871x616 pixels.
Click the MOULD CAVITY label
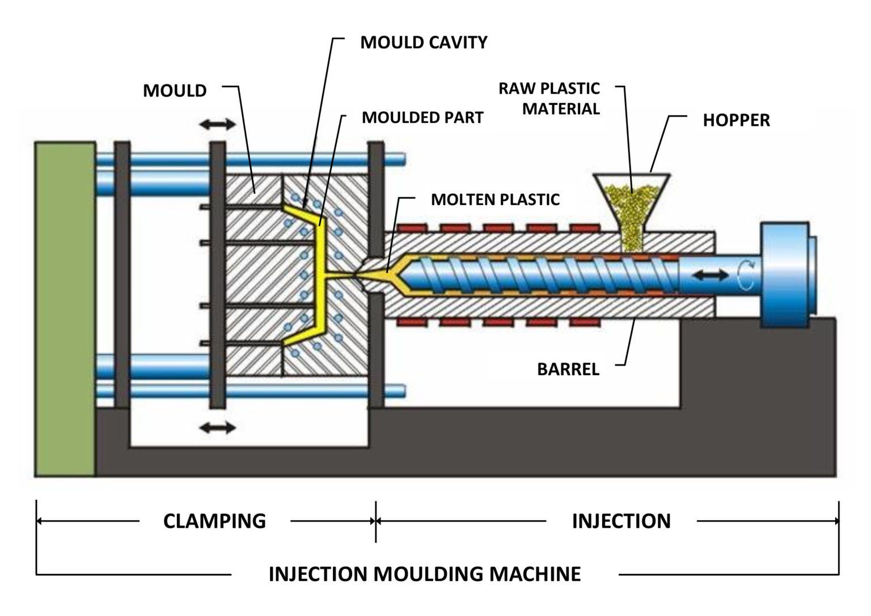click(x=424, y=43)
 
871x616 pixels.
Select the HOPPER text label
click(x=736, y=120)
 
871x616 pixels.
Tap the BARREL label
click(x=568, y=369)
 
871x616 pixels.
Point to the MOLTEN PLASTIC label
click(x=495, y=199)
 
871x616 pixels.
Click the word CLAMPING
click(x=214, y=521)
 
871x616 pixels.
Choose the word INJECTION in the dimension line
click(x=621, y=521)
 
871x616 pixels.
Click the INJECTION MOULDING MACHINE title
click(x=424, y=574)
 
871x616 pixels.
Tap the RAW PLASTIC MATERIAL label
click(x=549, y=99)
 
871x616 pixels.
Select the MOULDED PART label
click(x=422, y=118)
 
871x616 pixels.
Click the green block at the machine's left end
click(x=65, y=309)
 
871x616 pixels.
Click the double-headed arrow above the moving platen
click(x=218, y=124)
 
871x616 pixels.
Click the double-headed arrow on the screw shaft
click(x=712, y=275)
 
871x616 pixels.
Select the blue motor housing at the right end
click(x=785, y=274)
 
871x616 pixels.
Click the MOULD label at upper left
click(x=175, y=91)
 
